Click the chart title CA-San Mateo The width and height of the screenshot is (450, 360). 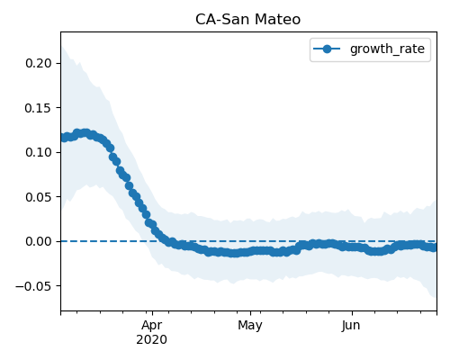[x=247, y=20]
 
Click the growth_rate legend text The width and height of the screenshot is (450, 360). [x=387, y=49]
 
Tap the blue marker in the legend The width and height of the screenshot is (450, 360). [x=327, y=49]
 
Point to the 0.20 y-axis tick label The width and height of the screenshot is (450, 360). [x=39, y=63]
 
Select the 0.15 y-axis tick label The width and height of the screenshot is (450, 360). [x=39, y=108]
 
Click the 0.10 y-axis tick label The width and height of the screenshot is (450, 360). [x=39, y=152]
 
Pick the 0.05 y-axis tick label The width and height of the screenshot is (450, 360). [x=39, y=197]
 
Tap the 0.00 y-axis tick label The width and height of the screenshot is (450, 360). [x=39, y=241]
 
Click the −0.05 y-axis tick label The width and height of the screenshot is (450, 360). [x=33, y=286]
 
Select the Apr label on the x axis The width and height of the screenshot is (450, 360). [x=152, y=326]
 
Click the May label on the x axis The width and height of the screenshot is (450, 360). [x=250, y=326]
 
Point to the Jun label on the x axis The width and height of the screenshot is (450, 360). [x=351, y=326]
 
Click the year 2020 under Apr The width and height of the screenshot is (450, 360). [x=152, y=340]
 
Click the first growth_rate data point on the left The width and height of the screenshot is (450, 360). [x=64, y=138]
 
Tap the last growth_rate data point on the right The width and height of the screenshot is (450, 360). [x=434, y=247]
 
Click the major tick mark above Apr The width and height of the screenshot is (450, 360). [x=152, y=313]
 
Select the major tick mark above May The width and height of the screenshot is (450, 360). [x=251, y=313]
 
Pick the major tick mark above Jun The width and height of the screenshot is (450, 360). [x=352, y=313]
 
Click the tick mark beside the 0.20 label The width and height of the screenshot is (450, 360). [x=58, y=63]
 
